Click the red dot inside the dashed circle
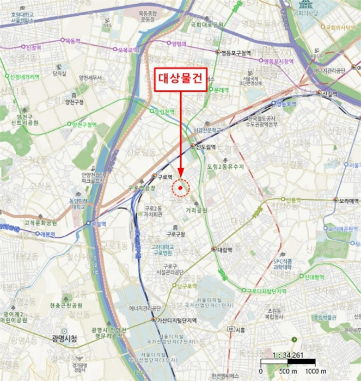pyautogui.click(x=180, y=188)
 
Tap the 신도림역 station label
pyautogui.click(x=205, y=147)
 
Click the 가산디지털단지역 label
pyautogui.click(x=176, y=321)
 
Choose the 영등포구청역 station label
pyautogui.click(x=236, y=53)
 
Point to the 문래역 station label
pyautogui.click(x=220, y=89)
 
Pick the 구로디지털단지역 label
pyautogui.click(x=267, y=291)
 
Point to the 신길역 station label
pyautogui.click(x=329, y=94)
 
